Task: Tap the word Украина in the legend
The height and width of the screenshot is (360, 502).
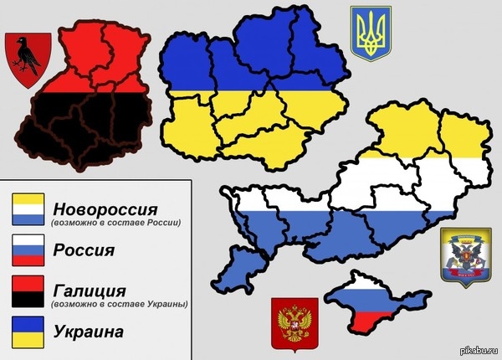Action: [87, 332]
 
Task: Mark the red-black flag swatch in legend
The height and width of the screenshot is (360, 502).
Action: [28, 292]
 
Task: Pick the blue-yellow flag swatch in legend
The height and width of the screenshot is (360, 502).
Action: [28, 332]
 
